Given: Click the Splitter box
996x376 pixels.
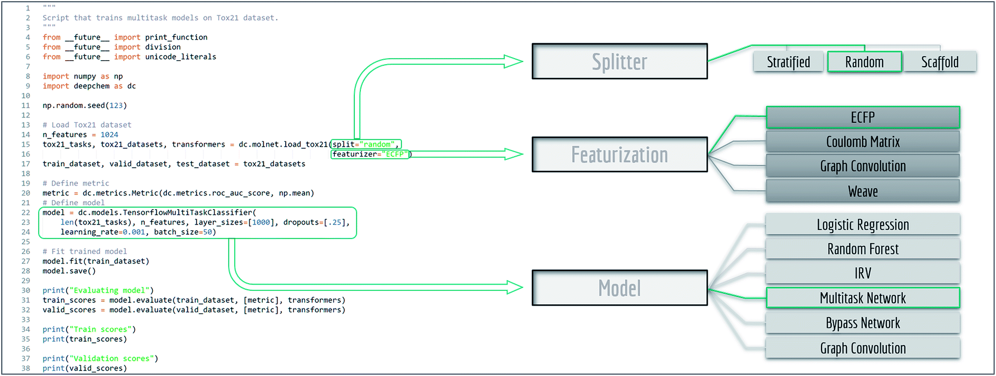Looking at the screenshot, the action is tap(620, 61).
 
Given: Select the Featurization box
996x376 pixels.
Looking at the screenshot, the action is tap(620, 154).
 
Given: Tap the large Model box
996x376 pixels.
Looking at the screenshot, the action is tap(620, 288).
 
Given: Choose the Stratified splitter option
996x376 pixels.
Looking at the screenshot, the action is tap(788, 62).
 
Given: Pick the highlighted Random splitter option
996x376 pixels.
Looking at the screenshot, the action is tap(864, 62).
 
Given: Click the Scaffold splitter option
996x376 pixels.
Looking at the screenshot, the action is tap(940, 62).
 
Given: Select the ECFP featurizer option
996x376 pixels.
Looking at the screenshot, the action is tap(863, 117).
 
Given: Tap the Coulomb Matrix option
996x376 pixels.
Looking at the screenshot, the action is tap(863, 142).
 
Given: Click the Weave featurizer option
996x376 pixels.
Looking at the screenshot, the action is tap(863, 192).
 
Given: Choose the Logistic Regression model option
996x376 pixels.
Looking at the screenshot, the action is tap(863, 225).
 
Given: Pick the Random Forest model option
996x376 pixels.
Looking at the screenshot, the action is tap(863, 249).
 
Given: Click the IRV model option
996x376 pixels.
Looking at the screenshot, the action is tap(863, 273).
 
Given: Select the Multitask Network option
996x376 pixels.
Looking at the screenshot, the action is tap(863, 298).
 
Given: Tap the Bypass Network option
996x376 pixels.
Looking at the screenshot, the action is tap(863, 323).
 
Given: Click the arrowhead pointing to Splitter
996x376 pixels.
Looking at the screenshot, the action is tap(513, 62).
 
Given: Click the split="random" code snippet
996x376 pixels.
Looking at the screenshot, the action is tap(366, 144).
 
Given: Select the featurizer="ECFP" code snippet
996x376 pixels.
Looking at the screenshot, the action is tap(370, 154).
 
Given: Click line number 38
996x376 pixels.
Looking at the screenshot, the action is tap(26, 368).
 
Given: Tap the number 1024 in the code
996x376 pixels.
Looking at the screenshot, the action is tap(109, 134).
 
